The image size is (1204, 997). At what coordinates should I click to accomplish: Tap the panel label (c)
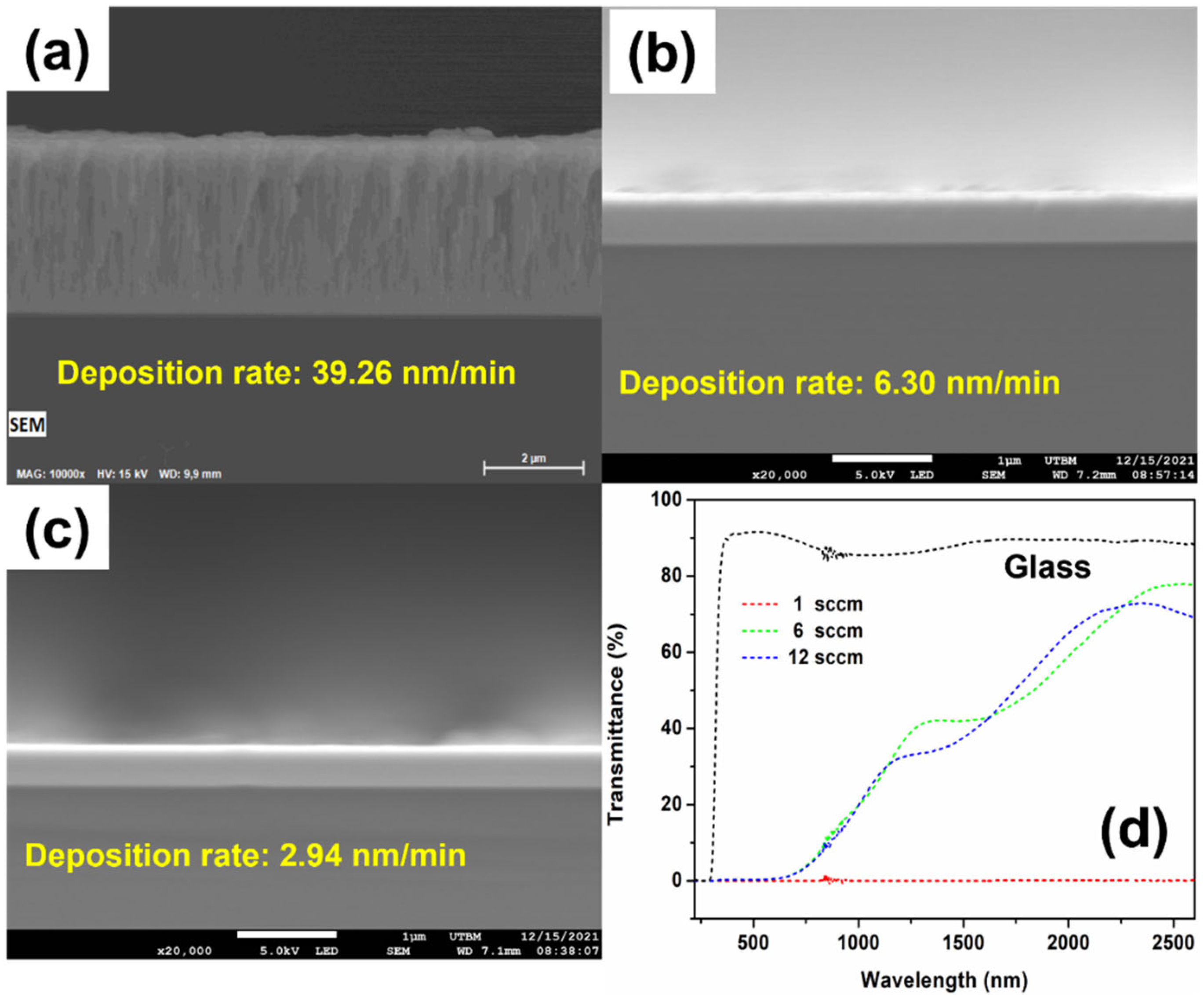pos(57,530)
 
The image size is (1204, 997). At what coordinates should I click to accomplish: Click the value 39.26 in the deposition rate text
pos(352,373)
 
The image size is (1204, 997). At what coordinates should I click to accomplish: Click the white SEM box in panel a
pos(27,425)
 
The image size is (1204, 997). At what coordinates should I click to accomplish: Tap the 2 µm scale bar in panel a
pos(533,467)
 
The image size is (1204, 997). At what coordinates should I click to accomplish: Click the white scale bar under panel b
pos(881,458)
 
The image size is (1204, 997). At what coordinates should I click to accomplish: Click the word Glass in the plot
pos(1047,567)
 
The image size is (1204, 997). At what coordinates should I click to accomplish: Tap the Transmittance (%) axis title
pos(616,724)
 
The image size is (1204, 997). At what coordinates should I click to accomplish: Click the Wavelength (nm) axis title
pos(944,979)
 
